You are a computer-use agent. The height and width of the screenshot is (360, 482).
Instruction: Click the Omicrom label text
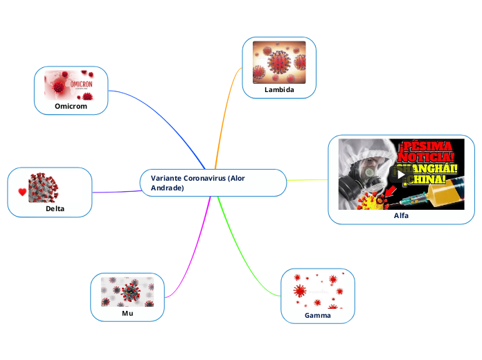tap(71, 107)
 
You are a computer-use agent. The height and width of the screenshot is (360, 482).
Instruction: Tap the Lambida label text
tap(279, 90)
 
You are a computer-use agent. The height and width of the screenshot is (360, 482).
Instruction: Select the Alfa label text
tap(401, 215)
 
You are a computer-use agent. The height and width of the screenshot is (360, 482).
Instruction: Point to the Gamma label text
tap(318, 315)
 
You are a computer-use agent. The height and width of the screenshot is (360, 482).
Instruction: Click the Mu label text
tap(127, 313)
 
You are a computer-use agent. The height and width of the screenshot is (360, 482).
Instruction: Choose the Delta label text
tap(55, 208)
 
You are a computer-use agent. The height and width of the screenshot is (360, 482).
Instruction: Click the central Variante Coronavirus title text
tap(197, 183)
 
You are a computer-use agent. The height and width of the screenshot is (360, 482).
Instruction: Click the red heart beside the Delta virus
tap(22, 191)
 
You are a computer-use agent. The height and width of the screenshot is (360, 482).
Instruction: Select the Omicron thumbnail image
tap(72, 85)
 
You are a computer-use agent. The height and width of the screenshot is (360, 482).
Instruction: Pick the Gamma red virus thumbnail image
tap(318, 291)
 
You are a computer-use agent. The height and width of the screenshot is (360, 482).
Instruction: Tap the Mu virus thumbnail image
tap(127, 291)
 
